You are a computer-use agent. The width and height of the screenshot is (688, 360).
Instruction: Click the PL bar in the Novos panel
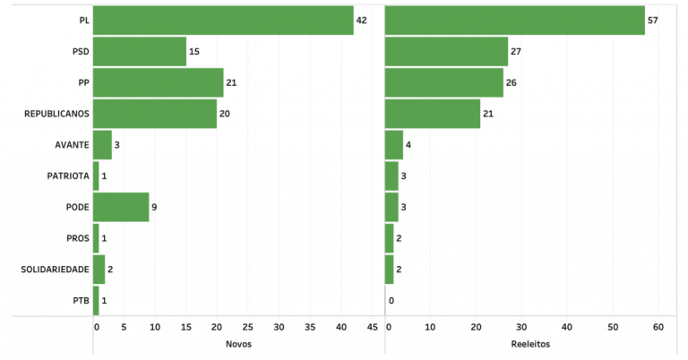point(223,20)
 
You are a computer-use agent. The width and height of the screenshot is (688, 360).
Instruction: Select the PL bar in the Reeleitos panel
point(515,20)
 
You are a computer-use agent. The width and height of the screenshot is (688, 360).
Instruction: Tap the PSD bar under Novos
point(140,51)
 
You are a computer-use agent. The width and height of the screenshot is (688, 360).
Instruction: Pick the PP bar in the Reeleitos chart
point(444,82)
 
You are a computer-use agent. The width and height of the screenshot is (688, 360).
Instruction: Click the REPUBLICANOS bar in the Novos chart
point(155,114)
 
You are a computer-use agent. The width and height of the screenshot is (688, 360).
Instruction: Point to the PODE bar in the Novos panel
point(121,207)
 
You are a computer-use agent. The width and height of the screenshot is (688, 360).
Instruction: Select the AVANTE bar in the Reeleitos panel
point(394,144)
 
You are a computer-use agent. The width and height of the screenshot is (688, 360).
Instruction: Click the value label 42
point(362,20)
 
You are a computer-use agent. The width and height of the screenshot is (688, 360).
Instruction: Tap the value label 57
point(653,20)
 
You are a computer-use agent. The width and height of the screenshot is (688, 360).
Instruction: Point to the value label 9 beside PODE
point(154,207)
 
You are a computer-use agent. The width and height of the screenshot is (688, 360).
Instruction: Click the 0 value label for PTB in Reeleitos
point(391,301)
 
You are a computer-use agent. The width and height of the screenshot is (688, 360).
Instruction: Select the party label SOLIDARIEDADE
point(56,270)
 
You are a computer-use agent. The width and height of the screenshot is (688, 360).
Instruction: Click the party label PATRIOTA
point(68,176)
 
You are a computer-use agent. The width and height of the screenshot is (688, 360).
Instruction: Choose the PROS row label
point(75,238)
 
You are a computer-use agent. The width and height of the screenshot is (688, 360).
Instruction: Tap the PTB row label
point(79,301)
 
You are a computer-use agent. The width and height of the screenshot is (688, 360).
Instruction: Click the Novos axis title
point(238,344)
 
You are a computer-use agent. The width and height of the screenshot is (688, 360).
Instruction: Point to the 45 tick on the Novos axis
point(372,327)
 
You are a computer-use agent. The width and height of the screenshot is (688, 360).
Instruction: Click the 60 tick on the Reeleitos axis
point(658,327)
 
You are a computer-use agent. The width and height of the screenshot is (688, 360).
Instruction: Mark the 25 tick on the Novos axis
point(247,327)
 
